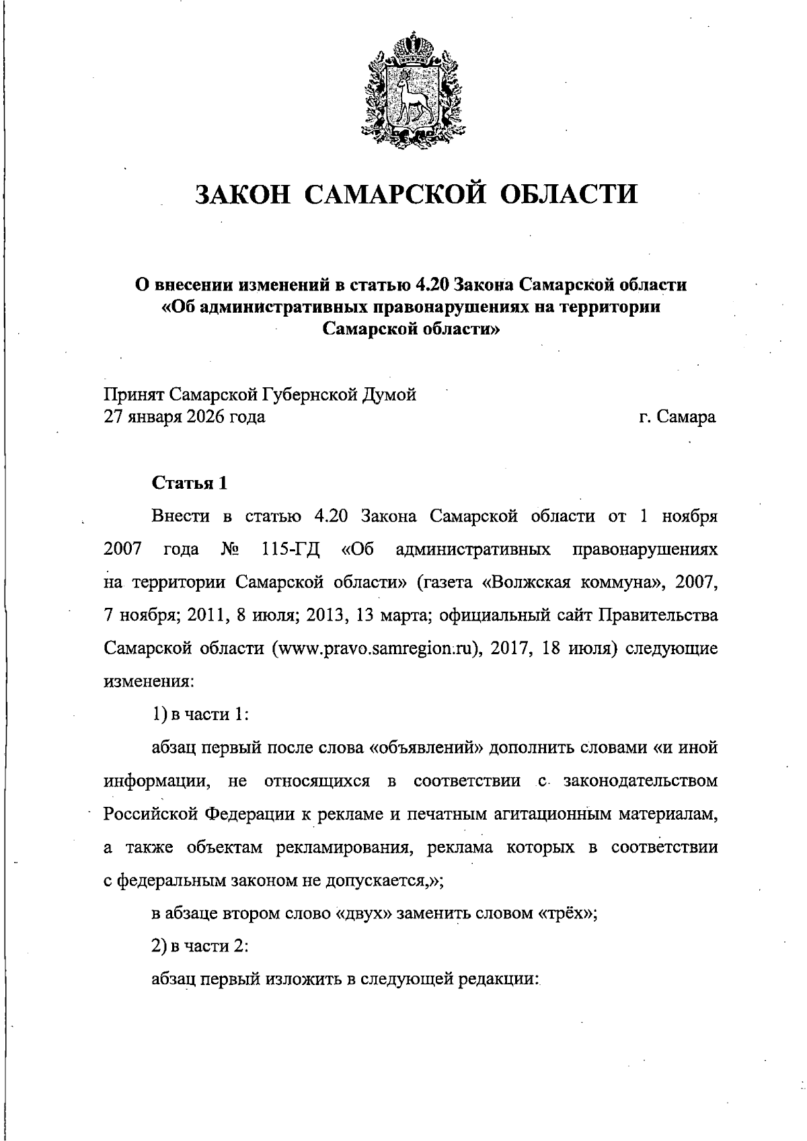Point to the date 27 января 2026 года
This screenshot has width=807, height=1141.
pos(184,417)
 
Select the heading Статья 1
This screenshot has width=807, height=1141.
pos(190,483)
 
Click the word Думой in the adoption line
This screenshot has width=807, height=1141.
pos(389,395)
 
